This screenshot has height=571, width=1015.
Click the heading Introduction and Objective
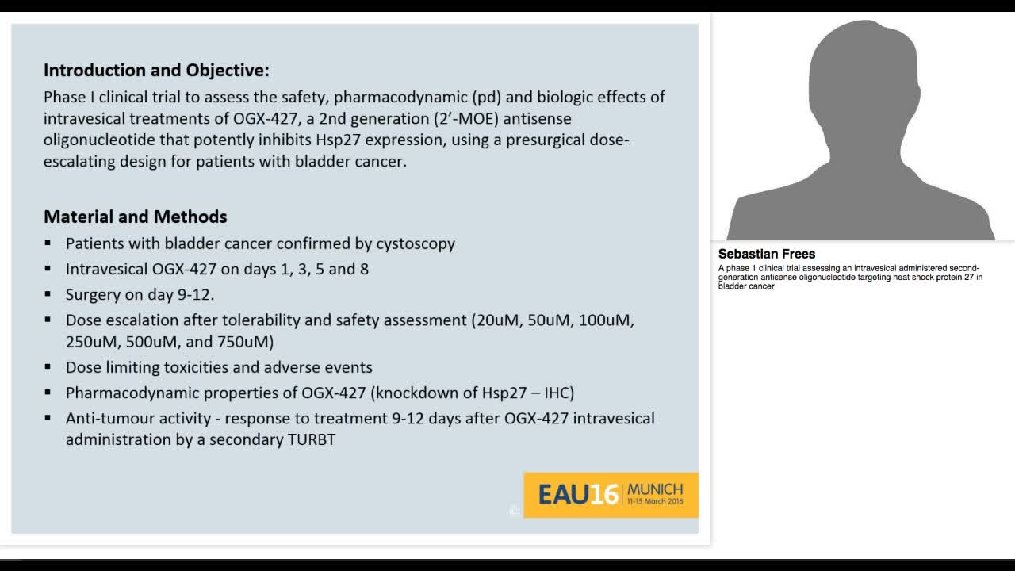coord(156,71)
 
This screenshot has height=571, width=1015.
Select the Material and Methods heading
coord(135,217)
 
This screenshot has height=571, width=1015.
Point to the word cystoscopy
coord(416,243)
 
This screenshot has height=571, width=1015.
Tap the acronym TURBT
coord(312,439)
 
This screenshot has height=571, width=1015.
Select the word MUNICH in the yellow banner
coord(655,489)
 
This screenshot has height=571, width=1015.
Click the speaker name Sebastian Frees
coord(766,254)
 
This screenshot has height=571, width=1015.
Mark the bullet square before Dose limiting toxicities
coord(48,367)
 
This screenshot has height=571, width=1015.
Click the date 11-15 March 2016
coord(655,502)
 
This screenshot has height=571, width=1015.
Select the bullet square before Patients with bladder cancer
coord(48,243)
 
